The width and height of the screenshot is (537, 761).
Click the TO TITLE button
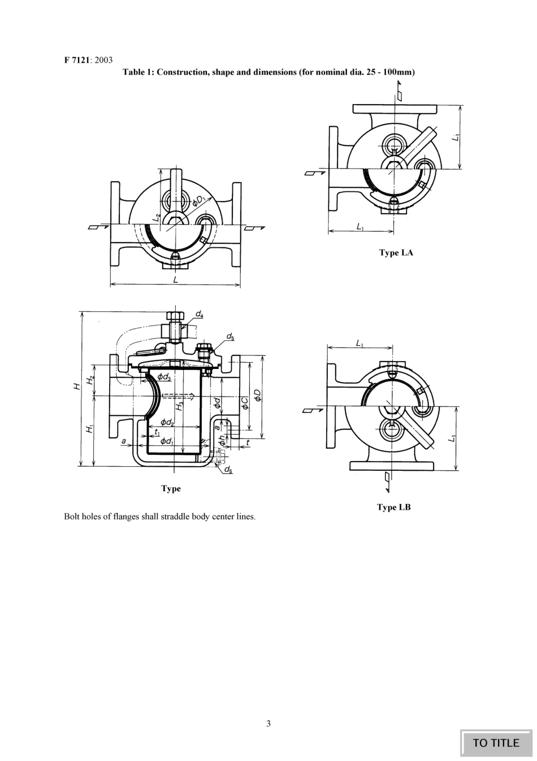[496, 743]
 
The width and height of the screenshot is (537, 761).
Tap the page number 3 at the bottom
[268, 723]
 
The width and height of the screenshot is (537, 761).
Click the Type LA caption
[396, 252]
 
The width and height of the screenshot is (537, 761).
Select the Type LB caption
[394, 507]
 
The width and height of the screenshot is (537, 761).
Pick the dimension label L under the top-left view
[176, 280]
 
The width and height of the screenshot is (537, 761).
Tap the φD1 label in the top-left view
[198, 199]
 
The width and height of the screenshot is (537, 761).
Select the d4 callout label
[200, 313]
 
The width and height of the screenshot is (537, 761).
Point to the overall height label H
[76, 387]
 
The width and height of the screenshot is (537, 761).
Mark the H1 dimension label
[89, 430]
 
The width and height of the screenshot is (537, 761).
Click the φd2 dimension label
[167, 422]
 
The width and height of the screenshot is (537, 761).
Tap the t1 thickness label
[157, 432]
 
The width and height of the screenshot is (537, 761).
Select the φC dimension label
[244, 403]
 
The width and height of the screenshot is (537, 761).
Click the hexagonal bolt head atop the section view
[174, 316]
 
